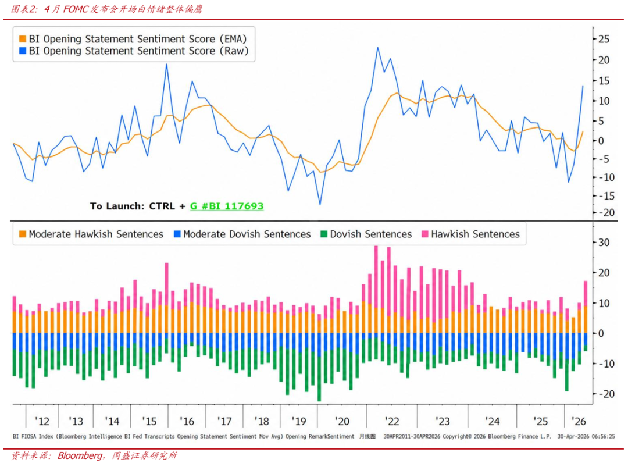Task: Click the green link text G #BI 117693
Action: coord(227,206)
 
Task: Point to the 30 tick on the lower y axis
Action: coord(603,242)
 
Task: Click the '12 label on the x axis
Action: coord(42,421)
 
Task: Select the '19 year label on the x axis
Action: coord(299,421)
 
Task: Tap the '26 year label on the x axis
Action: coord(579,421)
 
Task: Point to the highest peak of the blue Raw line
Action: coord(377,48)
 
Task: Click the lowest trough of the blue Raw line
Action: coord(320,204)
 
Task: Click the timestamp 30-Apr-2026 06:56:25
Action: coord(586,436)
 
